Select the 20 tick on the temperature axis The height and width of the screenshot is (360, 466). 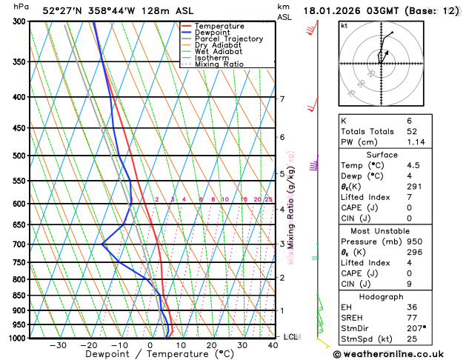point(211,345)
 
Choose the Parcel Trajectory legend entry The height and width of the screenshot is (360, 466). point(228,39)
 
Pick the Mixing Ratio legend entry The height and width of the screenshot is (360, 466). point(219,64)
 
